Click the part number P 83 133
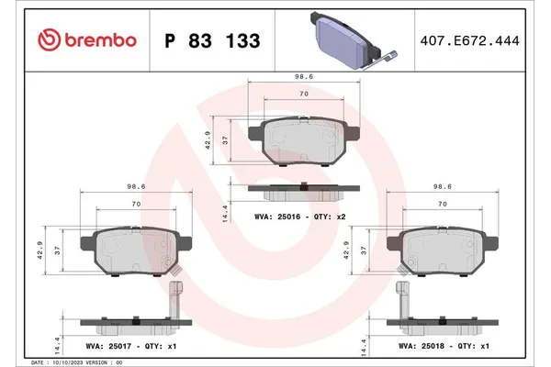pyautogui.click(x=211, y=41)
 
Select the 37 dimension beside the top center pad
pyautogui.click(x=226, y=140)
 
